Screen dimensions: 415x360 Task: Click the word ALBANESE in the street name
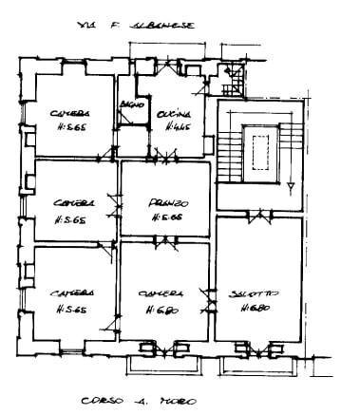[x=164, y=28]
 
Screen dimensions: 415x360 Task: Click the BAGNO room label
[x=129, y=105]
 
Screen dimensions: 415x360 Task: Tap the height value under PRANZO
[x=166, y=217]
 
